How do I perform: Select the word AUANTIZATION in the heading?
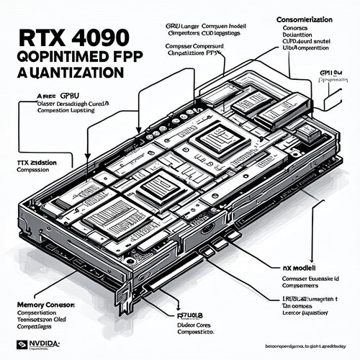pyautogui.click(x=68, y=72)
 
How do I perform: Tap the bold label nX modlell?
pyautogui.click(x=296, y=266)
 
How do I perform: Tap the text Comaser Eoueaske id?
pyautogui.click(x=305, y=276)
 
